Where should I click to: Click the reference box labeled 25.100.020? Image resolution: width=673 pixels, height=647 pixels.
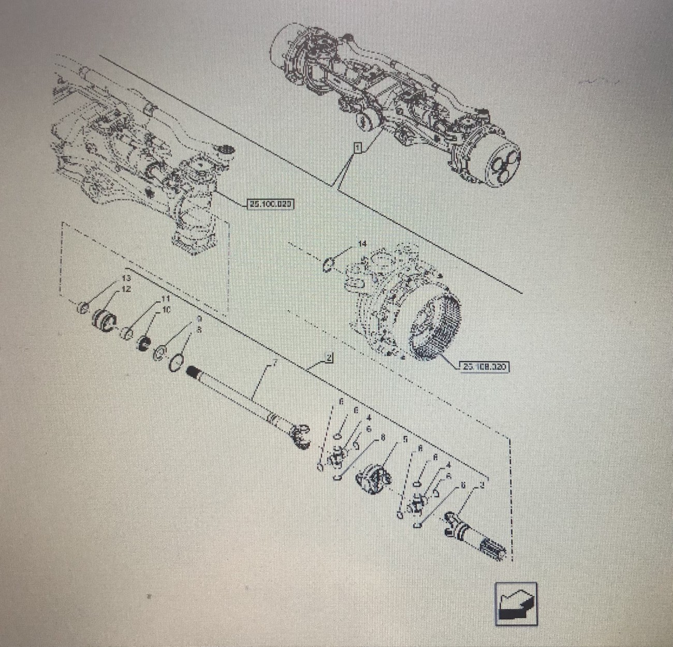coord(271,204)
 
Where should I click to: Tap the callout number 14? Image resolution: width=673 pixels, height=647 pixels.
coord(362,243)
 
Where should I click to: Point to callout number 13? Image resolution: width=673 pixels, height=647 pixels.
coord(126,278)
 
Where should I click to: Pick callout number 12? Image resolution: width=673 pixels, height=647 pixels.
coord(126,289)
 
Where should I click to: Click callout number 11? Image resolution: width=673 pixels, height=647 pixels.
coord(165,299)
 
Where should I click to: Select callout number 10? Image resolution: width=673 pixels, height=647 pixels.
coord(166,310)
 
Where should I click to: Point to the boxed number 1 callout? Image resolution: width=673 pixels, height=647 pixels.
coord(357,148)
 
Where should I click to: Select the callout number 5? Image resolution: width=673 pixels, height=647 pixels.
coord(405,439)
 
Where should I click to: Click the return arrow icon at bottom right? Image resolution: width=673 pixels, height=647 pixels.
coord(516,604)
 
